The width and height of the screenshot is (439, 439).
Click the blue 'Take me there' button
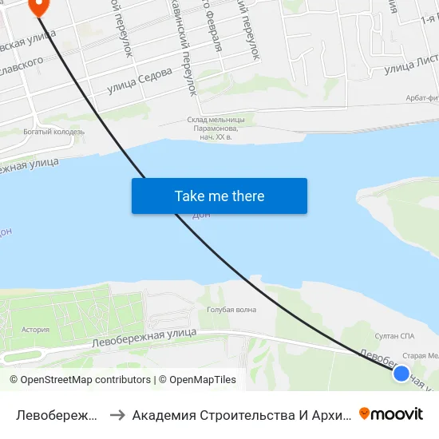219,196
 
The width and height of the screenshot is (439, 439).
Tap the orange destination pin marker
38,6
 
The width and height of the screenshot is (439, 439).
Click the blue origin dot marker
401,373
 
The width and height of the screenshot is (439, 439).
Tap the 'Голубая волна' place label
231,310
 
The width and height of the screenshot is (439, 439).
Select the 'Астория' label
36,329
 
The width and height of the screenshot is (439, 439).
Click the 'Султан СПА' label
395,336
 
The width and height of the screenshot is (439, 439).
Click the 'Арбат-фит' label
421,97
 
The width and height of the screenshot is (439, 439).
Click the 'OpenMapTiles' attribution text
203,380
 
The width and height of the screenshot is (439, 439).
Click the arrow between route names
117,414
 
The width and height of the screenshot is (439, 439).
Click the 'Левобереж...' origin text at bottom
57,414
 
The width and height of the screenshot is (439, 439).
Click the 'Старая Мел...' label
420,356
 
